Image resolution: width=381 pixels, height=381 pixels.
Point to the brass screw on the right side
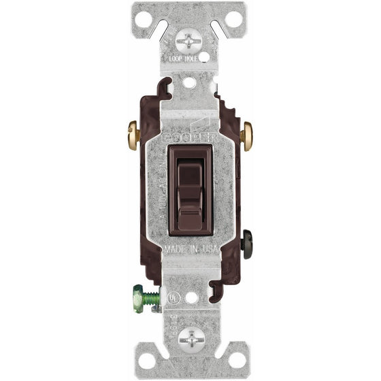click(x=247, y=135)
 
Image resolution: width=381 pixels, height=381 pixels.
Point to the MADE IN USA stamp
click(x=190, y=250)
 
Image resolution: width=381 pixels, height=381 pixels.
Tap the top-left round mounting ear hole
click(x=146, y=18)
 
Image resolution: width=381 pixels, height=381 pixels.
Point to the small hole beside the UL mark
click(x=193, y=297)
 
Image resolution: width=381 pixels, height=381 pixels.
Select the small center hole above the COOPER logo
click(x=190, y=82)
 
